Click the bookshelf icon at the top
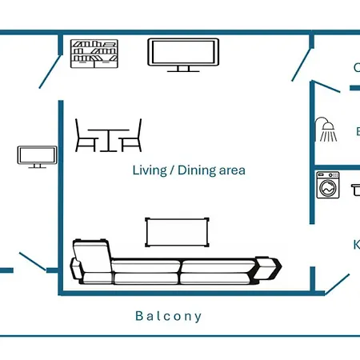coord(94,54)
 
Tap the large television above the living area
coord(183,53)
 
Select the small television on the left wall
coord(37,155)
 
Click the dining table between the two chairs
coord(108,138)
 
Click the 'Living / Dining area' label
coord(189,170)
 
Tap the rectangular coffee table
coord(178,232)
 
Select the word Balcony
coord(169,316)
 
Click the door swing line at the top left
coord(50,71)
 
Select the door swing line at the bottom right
coord(337,283)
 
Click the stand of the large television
coord(183,69)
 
